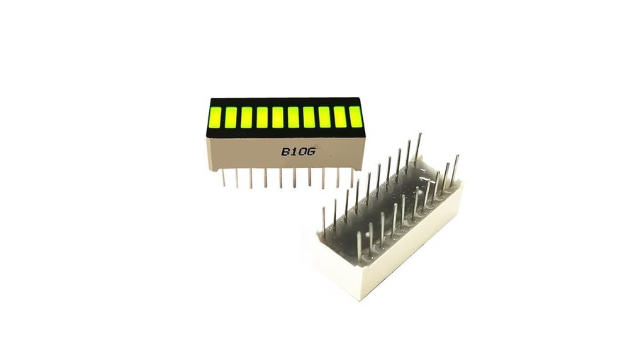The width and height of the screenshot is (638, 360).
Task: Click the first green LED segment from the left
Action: tap(215, 116)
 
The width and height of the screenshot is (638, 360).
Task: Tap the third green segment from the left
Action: tap(247, 117)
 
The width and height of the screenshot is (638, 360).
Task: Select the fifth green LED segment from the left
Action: tap(278, 117)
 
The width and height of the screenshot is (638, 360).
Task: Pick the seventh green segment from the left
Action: tap(309, 117)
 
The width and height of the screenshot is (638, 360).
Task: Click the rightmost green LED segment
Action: tap(356, 116)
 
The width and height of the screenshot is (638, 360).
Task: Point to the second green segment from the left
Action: tap(230, 117)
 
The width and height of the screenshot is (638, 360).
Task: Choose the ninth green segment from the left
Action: tap(340, 117)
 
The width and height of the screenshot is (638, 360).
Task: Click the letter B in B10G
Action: tap(286, 152)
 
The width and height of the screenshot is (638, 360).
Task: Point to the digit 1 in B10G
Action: tap(294, 152)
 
